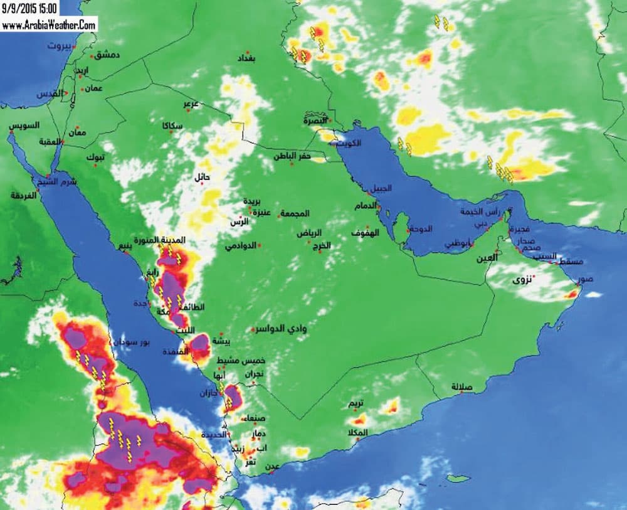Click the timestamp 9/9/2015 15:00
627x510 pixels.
click(x=29, y=8)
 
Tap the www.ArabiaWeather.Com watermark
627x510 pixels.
click(x=49, y=24)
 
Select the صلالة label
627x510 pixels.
click(x=461, y=386)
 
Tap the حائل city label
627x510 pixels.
click(x=202, y=177)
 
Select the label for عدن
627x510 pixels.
click(x=272, y=466)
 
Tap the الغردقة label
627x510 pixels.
click(x=24, y=195)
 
